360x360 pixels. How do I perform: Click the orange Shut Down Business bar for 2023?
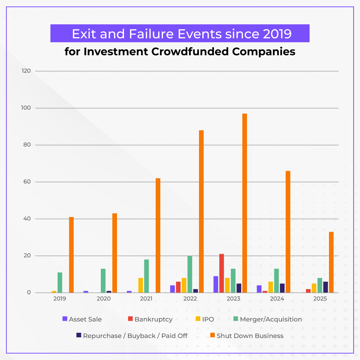[245, 203]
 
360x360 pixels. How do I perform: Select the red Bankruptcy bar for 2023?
[222, 273]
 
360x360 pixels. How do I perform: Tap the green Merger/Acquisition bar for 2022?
[190, 274]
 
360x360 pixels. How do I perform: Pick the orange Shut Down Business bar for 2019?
[71, 255]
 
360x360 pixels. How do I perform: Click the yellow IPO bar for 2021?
[141, 285]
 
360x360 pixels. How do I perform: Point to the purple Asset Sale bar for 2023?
[216, 284]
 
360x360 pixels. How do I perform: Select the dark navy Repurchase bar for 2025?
[326, 287]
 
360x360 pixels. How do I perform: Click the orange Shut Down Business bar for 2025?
[331, 262]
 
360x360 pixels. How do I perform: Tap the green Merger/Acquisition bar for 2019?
[60, 282]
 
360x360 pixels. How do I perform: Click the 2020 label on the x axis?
[103, 299]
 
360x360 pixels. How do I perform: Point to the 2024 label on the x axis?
[277, 299]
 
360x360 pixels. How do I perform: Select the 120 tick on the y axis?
[26, 71]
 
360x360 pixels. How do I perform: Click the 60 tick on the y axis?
[27, 182]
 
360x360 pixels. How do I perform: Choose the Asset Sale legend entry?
[85, 319]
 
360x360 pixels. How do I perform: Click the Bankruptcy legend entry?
[153, 319]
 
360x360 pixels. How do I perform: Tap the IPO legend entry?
[208, 319]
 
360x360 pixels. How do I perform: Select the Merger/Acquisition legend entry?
[271, 319]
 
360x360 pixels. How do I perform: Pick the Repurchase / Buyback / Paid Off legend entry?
[135, 336]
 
